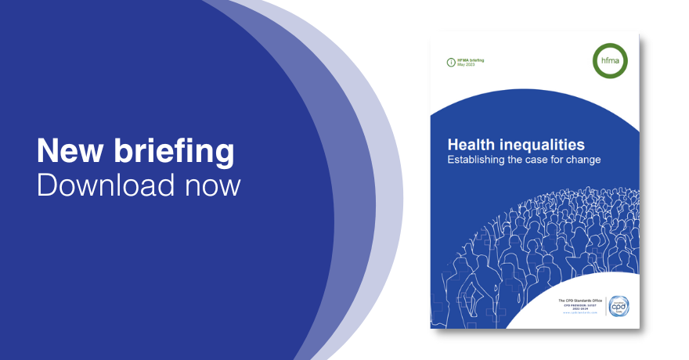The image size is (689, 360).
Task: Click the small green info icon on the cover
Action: click(x=450, y=63)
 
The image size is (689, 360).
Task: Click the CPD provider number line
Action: click(x=581, y=304)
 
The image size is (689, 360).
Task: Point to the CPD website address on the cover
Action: click(x=580, y=313)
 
